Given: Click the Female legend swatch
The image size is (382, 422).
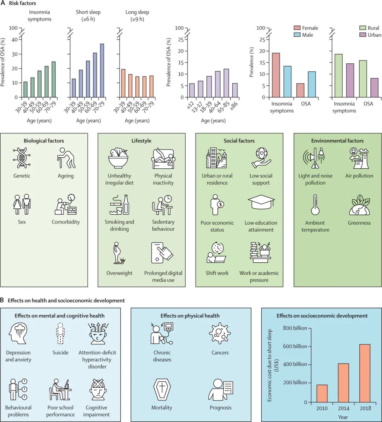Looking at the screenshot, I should (297, 28).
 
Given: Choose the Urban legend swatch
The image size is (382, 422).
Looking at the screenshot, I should (363, 35).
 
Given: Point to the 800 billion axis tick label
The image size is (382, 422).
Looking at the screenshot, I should (295, 328).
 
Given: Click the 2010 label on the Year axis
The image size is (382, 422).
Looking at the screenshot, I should (322, 408).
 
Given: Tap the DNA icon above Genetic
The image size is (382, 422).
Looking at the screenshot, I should (22, 158).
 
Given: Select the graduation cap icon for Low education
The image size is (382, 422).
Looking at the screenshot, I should (261, 203).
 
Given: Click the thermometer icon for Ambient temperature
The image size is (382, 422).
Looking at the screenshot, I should (315, 205).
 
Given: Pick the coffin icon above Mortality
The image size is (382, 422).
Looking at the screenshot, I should (162, 390).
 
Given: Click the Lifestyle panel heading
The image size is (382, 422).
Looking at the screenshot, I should (141, 141).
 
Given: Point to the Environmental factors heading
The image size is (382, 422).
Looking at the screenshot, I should (337, 141).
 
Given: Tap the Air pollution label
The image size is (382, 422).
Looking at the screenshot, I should (359, 176).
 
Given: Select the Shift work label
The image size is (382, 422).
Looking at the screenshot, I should (217, 273).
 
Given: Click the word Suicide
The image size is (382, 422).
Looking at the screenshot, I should (60, 353).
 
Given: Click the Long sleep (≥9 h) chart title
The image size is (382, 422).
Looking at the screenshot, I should (137, 16).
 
